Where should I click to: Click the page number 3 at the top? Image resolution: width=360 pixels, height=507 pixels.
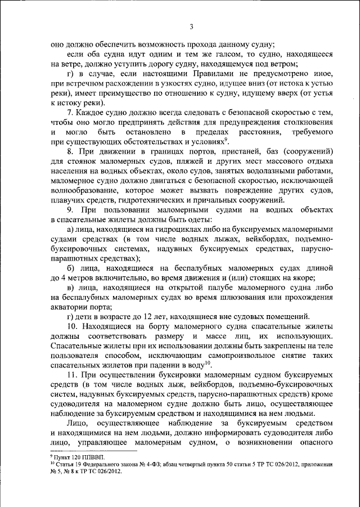pos(191,26)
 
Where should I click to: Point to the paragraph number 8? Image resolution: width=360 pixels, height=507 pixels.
pos(69,152)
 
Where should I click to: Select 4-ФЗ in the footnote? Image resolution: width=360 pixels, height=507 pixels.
pos(144,466)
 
